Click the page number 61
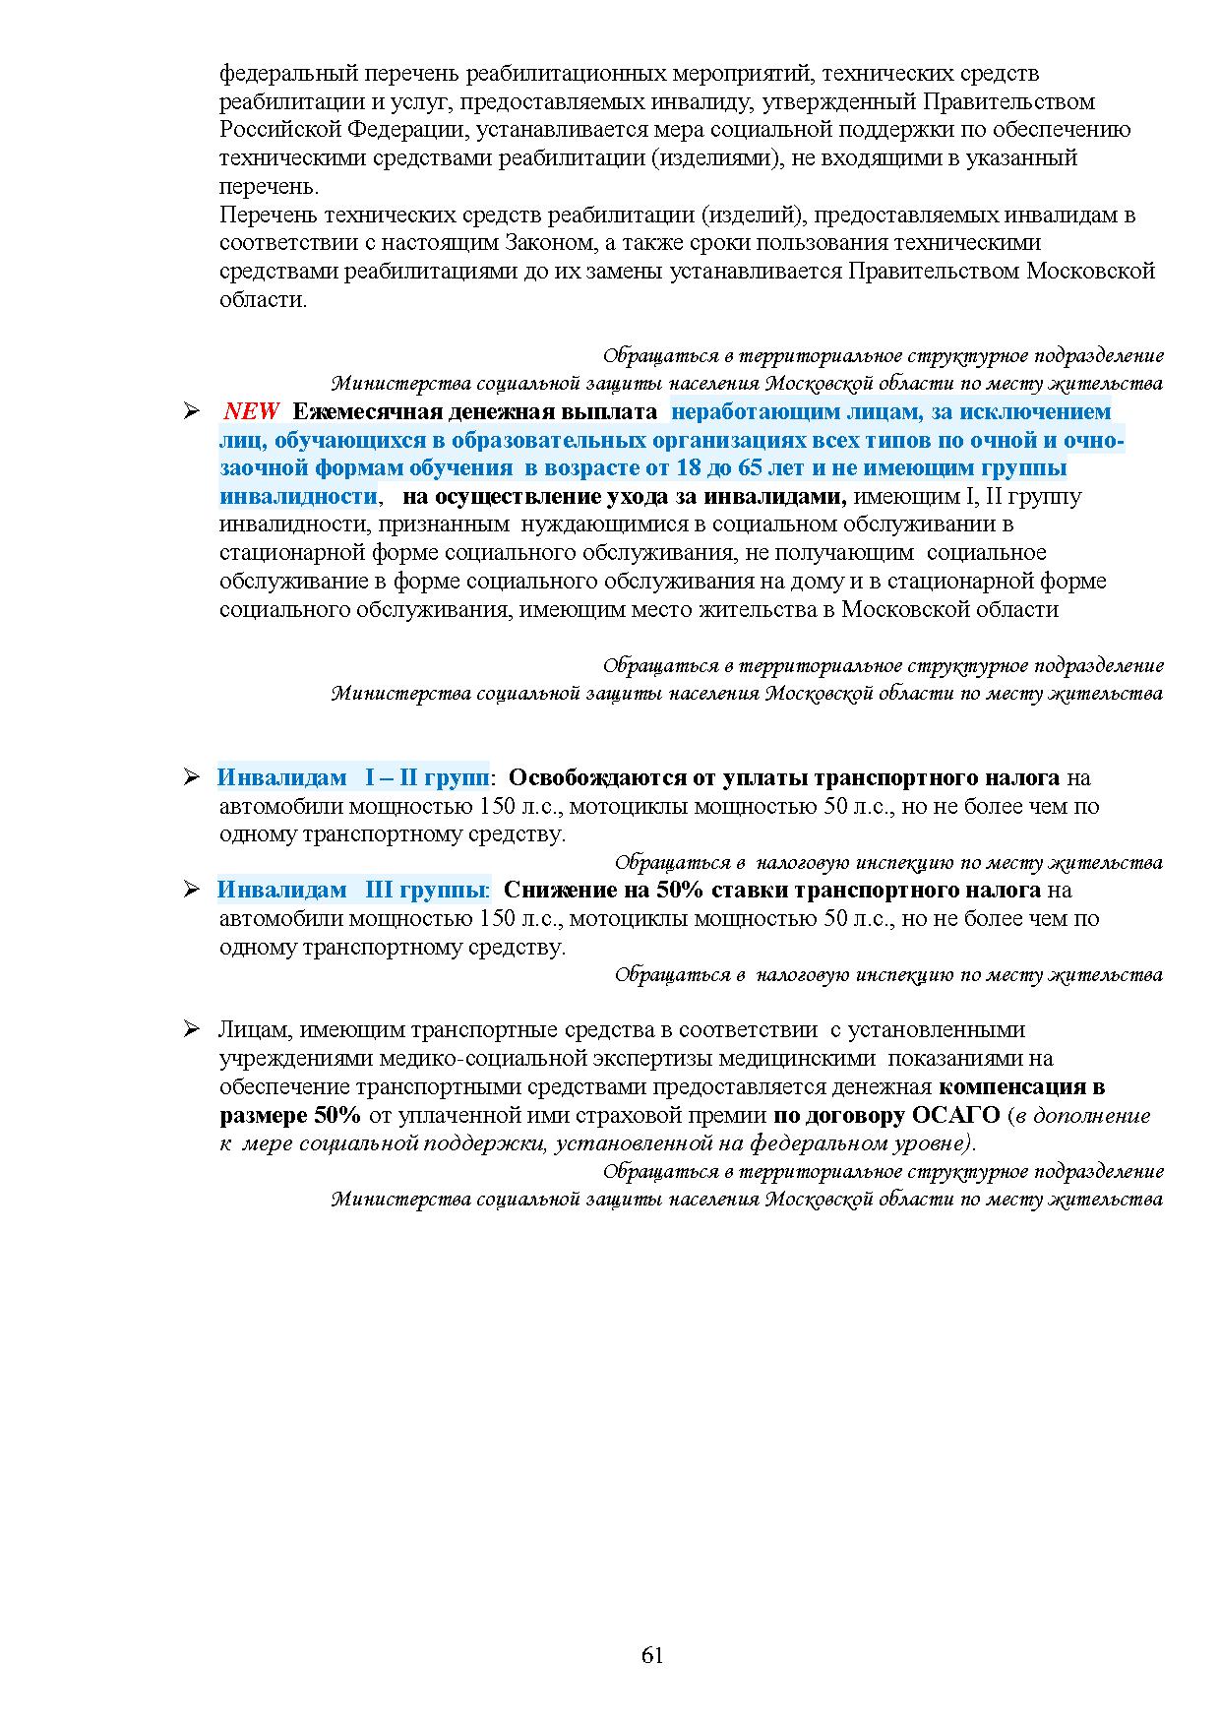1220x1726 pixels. tap(652, 1654)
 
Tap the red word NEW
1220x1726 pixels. tap(252, 411)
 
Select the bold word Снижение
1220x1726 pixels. tap(550, 890)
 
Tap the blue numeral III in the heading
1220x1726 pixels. tap(380, 890)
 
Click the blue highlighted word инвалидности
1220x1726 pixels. tap(298, 496)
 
